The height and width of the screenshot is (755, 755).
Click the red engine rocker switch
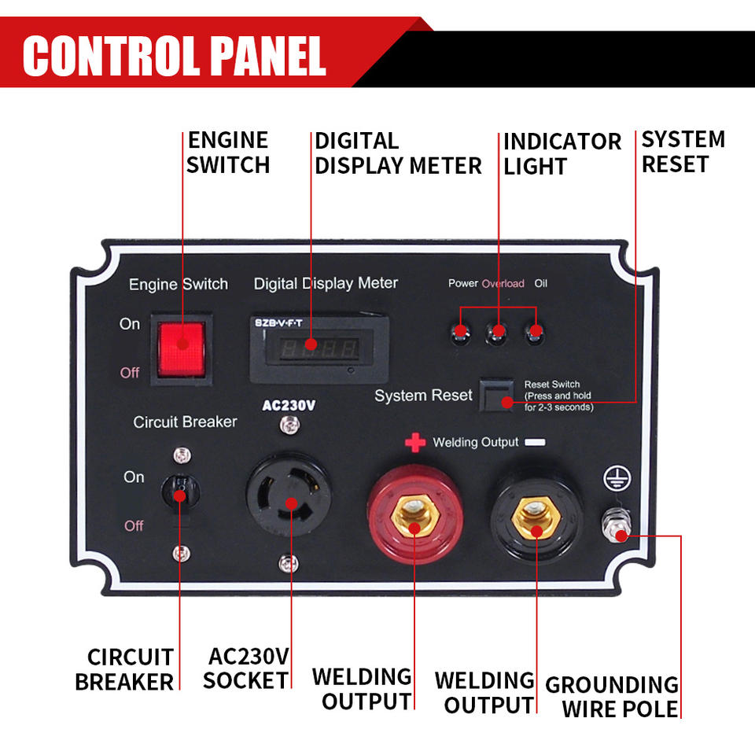click(x=182, y=349)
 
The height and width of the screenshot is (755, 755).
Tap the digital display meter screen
click(x=319, y=348)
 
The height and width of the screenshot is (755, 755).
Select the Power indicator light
click(x=460, y=332)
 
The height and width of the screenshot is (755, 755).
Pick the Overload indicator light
click(x=496, y=332)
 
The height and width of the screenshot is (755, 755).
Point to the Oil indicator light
click(x=535, y=333)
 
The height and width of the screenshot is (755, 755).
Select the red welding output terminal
click(x=415, y=514)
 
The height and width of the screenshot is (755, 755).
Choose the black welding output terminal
click(x=536, y=515)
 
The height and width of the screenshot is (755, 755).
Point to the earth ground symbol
click(x=617, y=479)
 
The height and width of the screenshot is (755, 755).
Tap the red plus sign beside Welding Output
click(x=415, y=442)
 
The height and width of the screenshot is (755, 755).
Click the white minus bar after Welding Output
click(x=535, y=442)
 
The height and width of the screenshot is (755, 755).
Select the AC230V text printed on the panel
click(x=289, y=406)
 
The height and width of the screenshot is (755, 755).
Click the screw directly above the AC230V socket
click(x=289, y=425)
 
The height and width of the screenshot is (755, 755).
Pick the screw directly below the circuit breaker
click(x=181, y=554)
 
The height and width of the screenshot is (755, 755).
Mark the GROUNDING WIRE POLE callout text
click(x=612, y=697)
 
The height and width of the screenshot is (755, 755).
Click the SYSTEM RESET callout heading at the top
click(x=683, y=152)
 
